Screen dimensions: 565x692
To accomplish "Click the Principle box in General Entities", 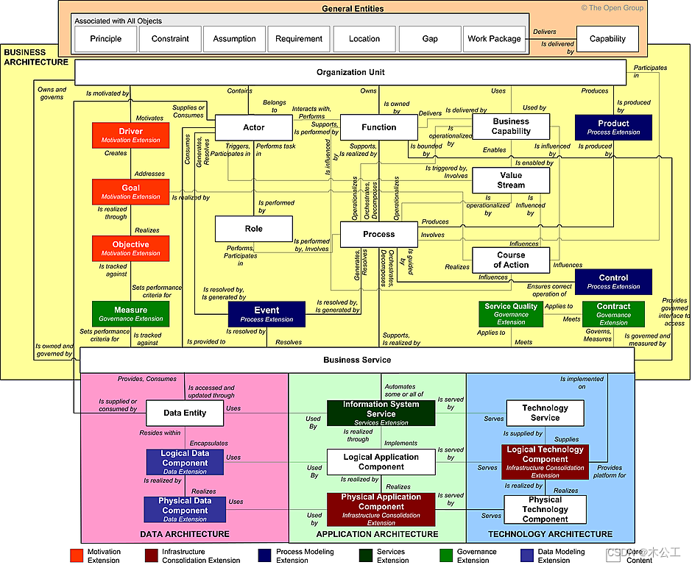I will [x=106, y=39].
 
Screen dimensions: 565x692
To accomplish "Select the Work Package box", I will [x=495, y=39].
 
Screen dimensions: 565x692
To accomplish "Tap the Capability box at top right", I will [x=607, y=39].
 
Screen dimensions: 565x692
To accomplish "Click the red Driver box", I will [x=130, y=135].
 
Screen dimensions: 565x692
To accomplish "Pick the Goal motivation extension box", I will [x=130, y=191].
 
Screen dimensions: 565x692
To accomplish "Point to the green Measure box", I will [x=130, y=313].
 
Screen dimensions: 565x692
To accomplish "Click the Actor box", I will [x=253, y=128].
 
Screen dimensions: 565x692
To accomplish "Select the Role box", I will [x=253, y=229].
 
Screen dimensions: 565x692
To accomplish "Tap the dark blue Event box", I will [x=266, y=314].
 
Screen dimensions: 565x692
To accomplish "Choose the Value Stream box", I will [x=511, y=180].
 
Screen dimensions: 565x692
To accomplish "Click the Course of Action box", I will [x=511, y=260].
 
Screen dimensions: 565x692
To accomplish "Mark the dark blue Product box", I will [x=613, y=127].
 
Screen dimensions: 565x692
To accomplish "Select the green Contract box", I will [x=613, y=313].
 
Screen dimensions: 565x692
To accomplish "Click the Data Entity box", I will [x=185, y=413].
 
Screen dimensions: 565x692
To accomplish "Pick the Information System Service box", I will [x=381, y=413].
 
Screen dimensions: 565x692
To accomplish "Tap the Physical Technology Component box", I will [x=545, y=509].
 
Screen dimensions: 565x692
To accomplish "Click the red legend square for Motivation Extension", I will [x=76, y=554].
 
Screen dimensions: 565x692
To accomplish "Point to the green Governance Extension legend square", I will [x=445, y=554].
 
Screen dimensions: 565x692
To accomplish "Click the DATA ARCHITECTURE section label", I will [x=185, y=534].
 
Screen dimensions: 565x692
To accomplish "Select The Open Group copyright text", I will [x=612, y=8].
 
